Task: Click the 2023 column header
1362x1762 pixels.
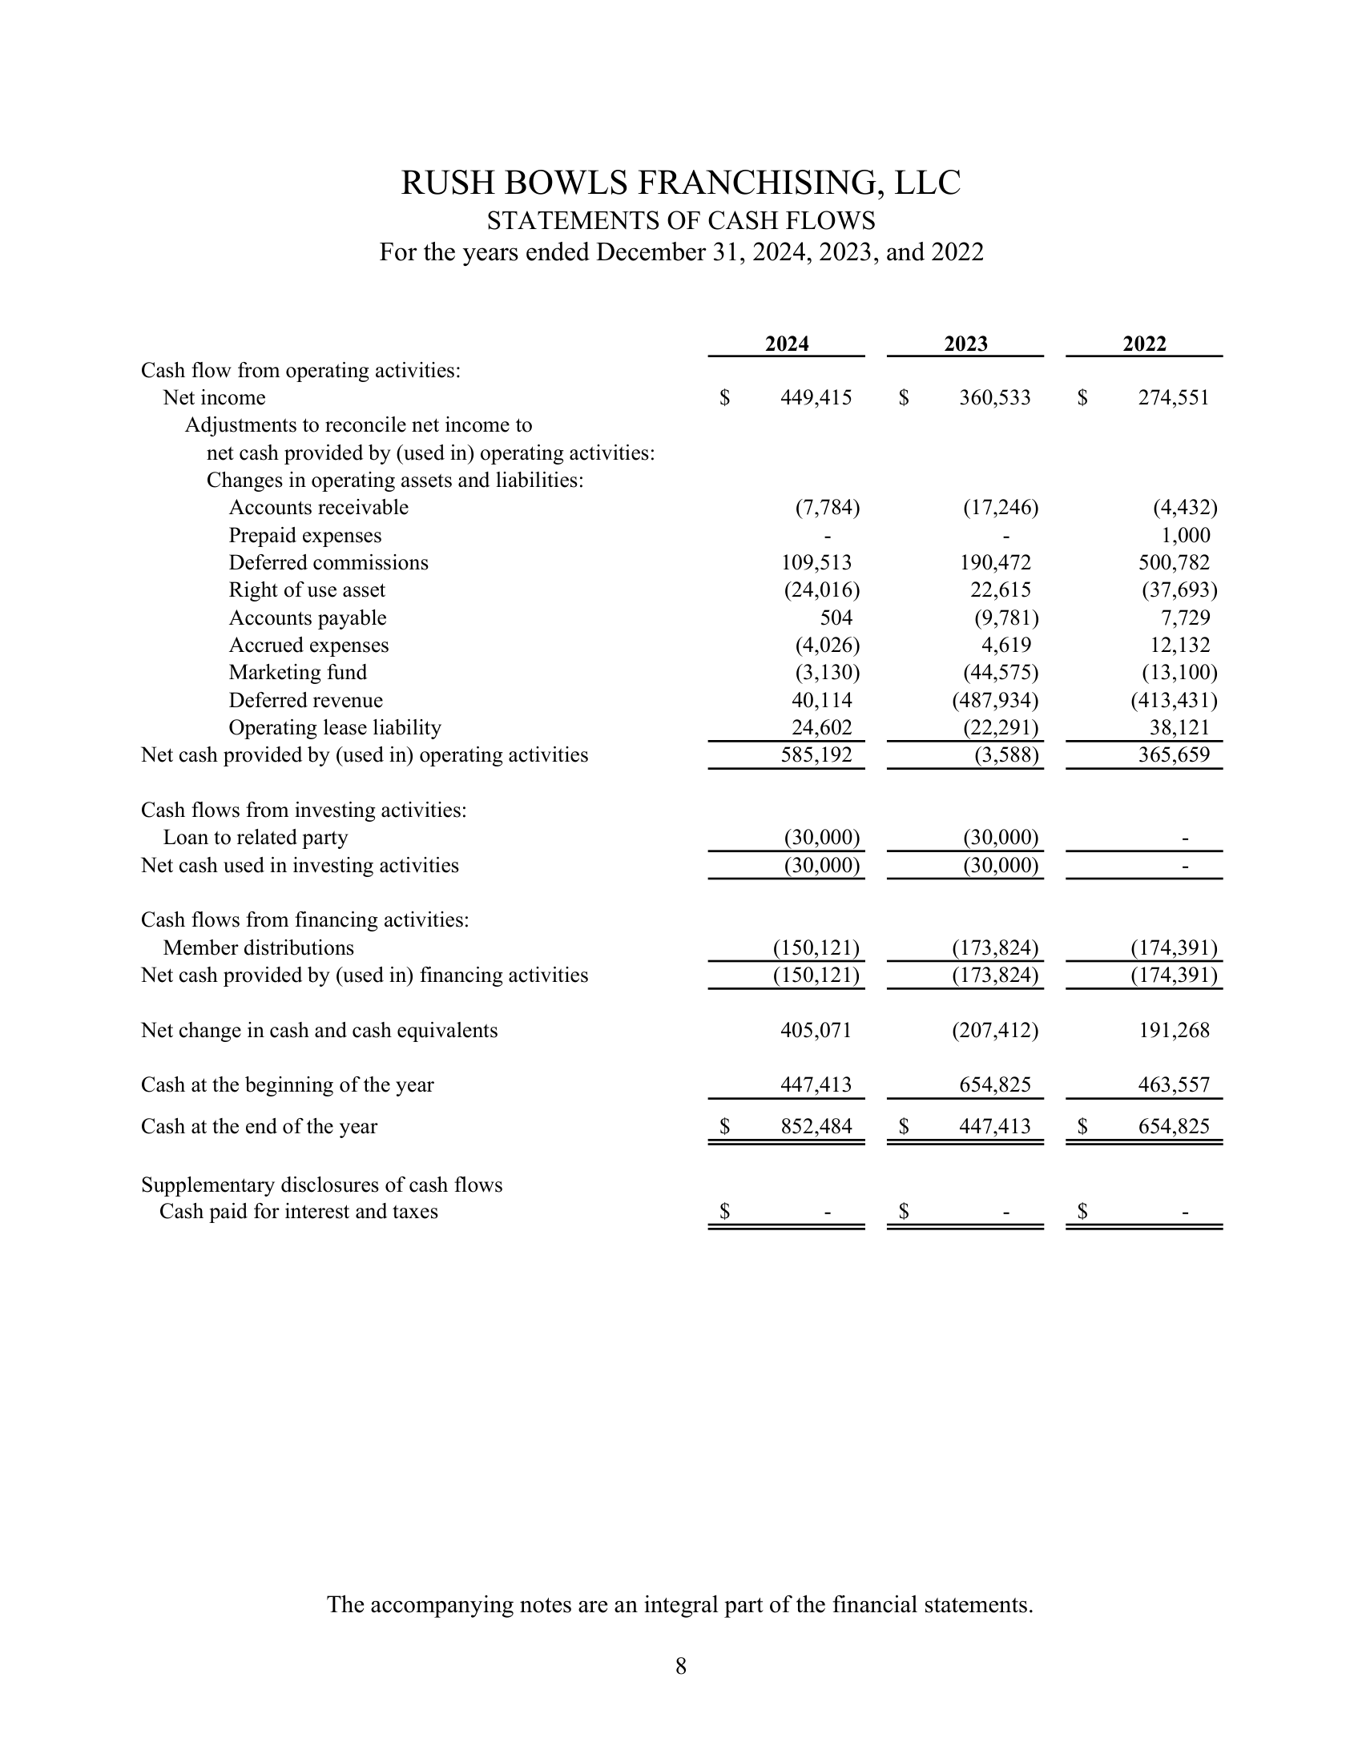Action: [x=965, y=344]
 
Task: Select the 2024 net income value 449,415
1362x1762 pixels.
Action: [x=816, y=398]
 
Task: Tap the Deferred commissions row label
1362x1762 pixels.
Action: [x=328, y=563]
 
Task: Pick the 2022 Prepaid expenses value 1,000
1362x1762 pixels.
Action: [x=1185, y=536]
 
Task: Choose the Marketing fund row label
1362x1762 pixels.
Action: [x=298, y=673]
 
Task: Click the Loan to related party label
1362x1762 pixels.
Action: [x=255, y=838]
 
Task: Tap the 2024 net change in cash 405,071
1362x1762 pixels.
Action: [x=816, y=1030]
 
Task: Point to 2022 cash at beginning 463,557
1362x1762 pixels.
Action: [x=1174, y=1085]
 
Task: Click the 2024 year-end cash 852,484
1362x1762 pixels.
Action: [x=816, y=1126]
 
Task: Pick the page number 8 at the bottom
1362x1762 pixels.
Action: [x=681, y=1666]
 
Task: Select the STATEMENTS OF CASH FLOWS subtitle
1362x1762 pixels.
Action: [x=681, y=220]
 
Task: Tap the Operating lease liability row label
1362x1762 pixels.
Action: [x=335, y=728]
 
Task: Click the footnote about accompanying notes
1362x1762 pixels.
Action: [x=680, y=1605]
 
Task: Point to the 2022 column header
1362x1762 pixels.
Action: [x=1144, y=344]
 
